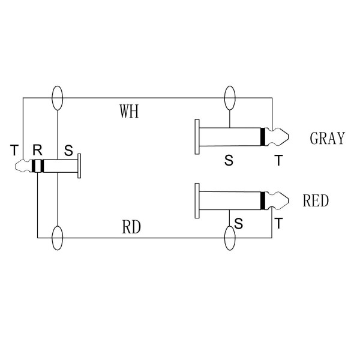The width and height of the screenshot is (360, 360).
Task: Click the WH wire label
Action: tap(129, 112)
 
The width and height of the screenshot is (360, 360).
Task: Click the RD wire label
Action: tap(131, 227)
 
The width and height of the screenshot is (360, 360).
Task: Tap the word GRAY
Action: tap(327, 139)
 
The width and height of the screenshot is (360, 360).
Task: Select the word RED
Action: tap(316, 201)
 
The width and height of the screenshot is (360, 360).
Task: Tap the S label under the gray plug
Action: tap(228, 160)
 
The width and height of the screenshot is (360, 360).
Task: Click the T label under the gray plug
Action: tap(277, 160)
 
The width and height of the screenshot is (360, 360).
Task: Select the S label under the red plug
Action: tap(239, 223)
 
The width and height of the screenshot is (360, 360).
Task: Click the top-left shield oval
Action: tap(58, 98)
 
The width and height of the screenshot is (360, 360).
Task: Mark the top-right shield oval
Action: tap(229, 98)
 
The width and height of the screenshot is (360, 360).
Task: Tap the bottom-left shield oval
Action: tap(58, 238)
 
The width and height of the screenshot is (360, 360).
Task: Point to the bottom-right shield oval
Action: tap(229, 238)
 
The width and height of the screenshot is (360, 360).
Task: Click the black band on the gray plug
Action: tap(262, 137)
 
